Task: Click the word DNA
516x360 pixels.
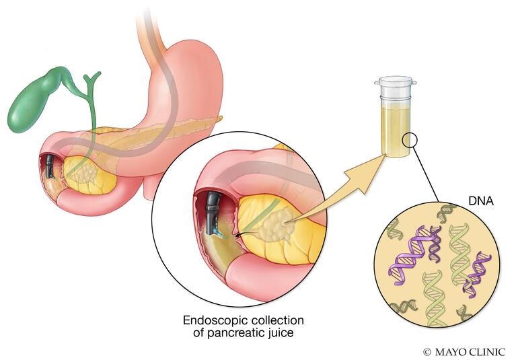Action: pos(481,201)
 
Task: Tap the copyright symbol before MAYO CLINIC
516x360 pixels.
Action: pos(427,352)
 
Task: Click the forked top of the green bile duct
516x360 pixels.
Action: pos(91,79)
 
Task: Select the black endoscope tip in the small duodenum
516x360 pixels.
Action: pos(49,166)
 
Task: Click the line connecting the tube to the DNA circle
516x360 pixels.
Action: pos(426,174)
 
